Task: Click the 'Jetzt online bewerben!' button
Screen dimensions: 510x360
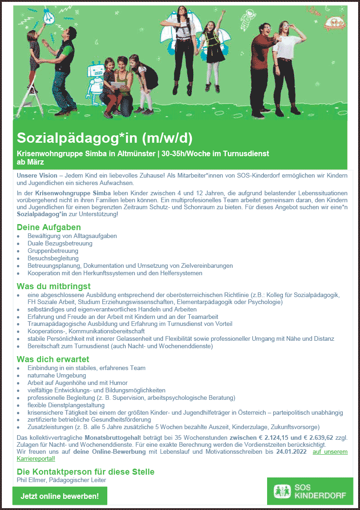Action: [59, 496]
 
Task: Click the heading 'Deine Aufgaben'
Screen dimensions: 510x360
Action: [49, 227]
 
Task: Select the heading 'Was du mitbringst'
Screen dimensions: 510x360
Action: [53, 286]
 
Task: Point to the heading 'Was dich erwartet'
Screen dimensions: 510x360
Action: [53, 359]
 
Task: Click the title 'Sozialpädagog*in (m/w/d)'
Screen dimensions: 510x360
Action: [105, 138]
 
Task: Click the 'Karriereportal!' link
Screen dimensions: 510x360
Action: [35, 459]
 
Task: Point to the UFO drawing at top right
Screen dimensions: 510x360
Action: [334, 20]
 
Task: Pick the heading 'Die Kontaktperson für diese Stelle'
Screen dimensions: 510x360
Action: [85, 472]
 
